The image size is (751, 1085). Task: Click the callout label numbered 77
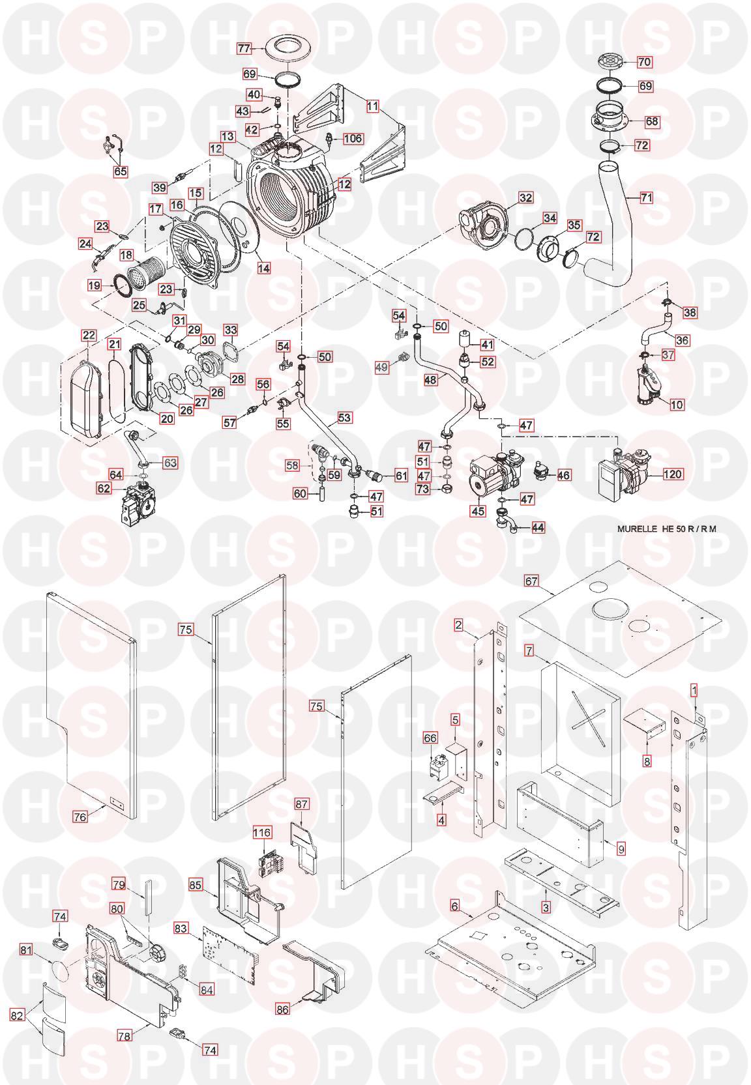point(244,49)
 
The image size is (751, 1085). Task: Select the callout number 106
point(353,139)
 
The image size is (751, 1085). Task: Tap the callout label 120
point(673,474)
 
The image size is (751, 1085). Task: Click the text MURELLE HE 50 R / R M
point(666,528)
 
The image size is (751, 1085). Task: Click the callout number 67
point(532,581)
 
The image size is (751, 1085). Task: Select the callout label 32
point(525,197)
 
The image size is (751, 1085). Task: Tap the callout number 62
point(104,487)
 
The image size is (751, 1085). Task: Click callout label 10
point(677,405)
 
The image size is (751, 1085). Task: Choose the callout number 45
point(478,512)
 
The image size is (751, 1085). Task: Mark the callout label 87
point(302,805)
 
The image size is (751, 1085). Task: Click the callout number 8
point(647,760)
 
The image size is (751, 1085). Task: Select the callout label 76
point(80,815)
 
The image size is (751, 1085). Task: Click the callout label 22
point(89,336)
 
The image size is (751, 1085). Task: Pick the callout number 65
point(121,172)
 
